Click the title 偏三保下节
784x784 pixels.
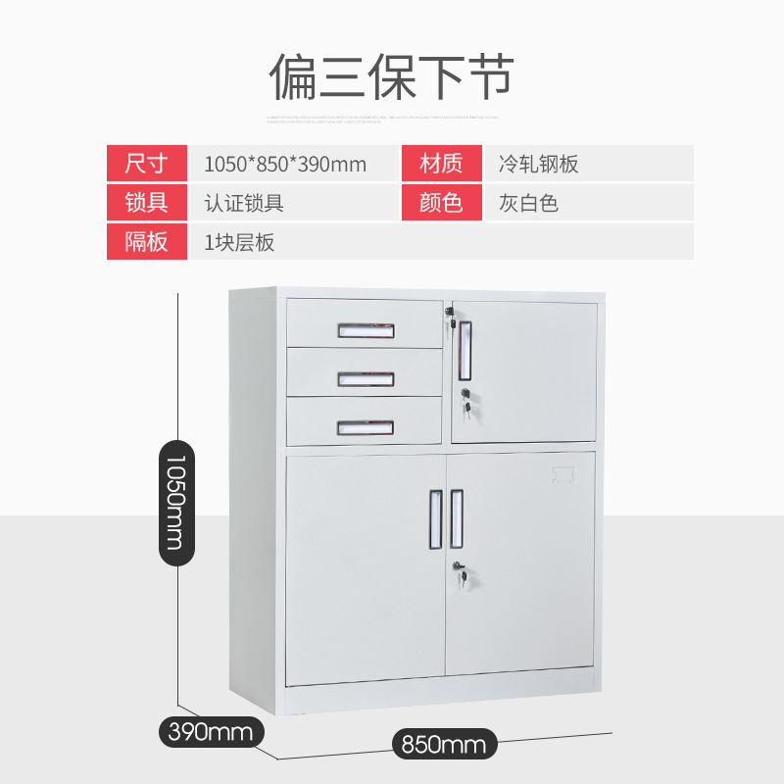pyautogui.click(x=392, y=76)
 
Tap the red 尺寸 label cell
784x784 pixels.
pyautogui.click(x=147, y=164)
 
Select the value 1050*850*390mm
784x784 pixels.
pyautogui.click(x=285, y=164)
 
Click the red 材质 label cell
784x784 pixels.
pyautogui.click(x=441, y=164)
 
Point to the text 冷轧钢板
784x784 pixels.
pyautogui.click(x=538, y=164)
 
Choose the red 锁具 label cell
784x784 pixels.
pyautogui.click(x=147, y=203)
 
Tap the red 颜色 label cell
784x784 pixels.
pyautogui.click(x=441, y=203)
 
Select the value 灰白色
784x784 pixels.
pyautogui.click(x=528, y=203)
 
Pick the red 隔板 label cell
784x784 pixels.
pyautogui.click(x=147, y=242)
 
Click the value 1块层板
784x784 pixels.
pyautogui.click(x=239, y=242)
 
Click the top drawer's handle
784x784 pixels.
pyautogui.click(x=367, y=331)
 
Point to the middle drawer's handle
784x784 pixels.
pyautogui.click(x=367, y=378)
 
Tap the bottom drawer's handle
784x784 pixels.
pyautogui.click(x=366, y=427)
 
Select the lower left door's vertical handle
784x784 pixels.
pyautogui.click(x=433, y=518)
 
